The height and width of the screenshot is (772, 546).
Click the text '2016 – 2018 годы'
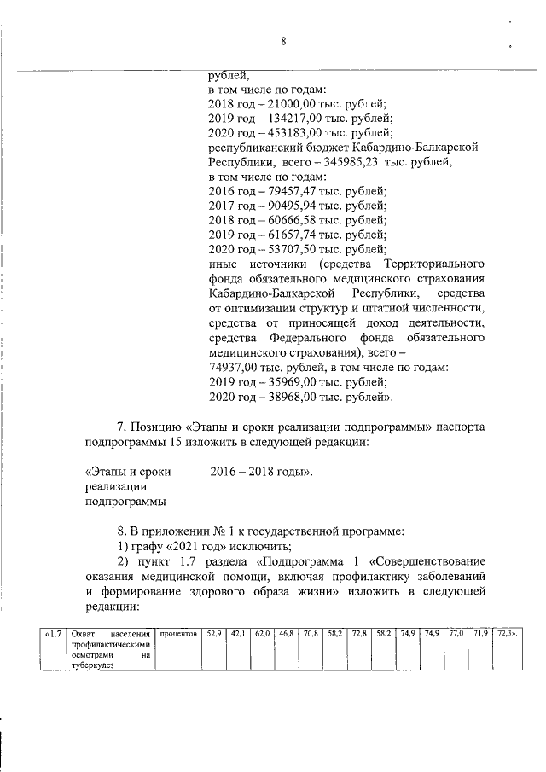261,471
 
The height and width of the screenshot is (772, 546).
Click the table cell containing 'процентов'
179,634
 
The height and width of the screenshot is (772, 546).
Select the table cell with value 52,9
213,634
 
